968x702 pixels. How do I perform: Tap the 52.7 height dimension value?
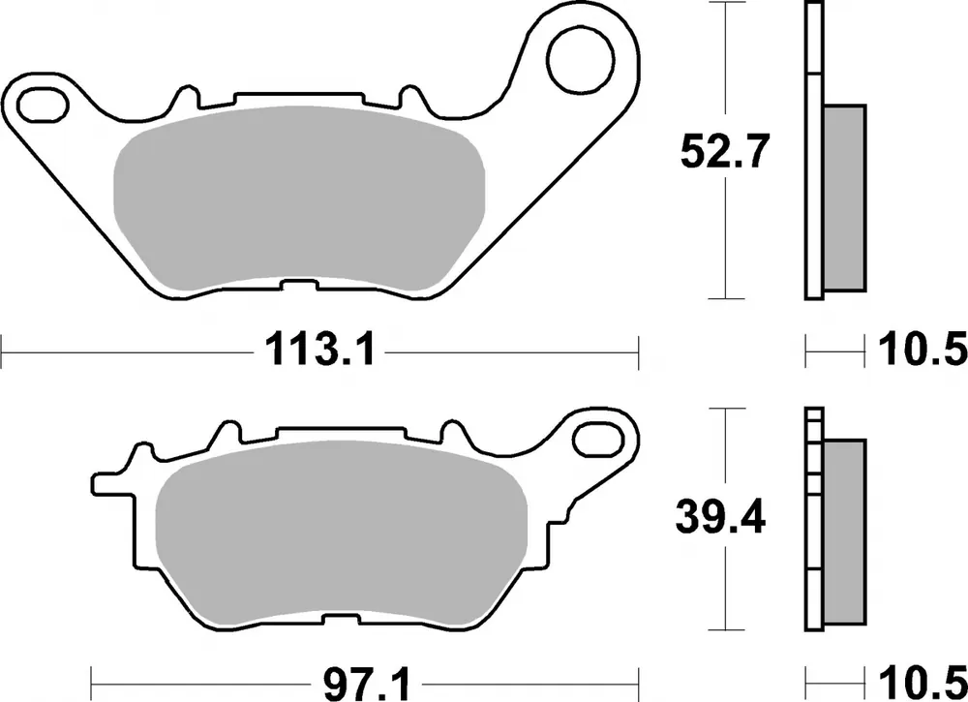coord(724,152)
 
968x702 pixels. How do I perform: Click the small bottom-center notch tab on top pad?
coord(300,287)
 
